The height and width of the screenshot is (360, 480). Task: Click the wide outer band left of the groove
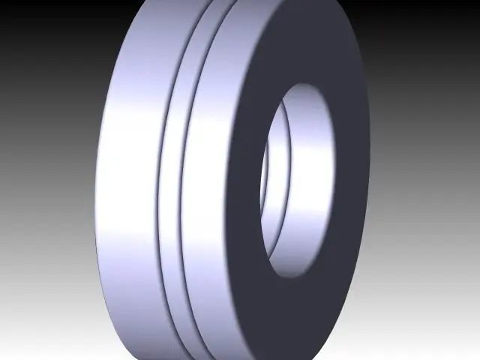(x=127, y=180)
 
